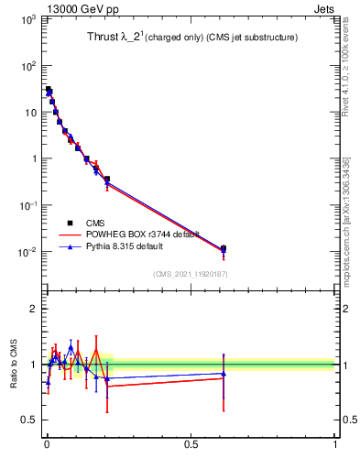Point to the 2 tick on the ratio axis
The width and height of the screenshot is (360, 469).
[31, 309]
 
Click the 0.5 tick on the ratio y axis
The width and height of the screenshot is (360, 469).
[27, 420]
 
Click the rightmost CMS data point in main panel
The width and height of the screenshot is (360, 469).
[224, 248]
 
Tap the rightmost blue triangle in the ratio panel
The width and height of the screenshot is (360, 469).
[224, 373]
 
